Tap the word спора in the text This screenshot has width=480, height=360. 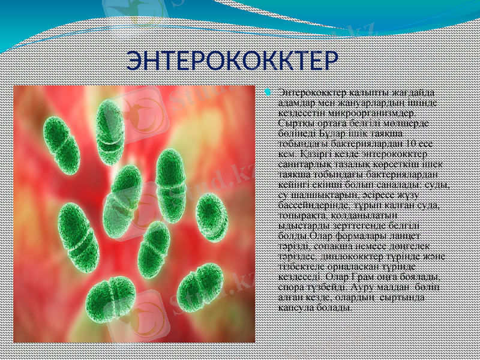coord(292,288)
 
